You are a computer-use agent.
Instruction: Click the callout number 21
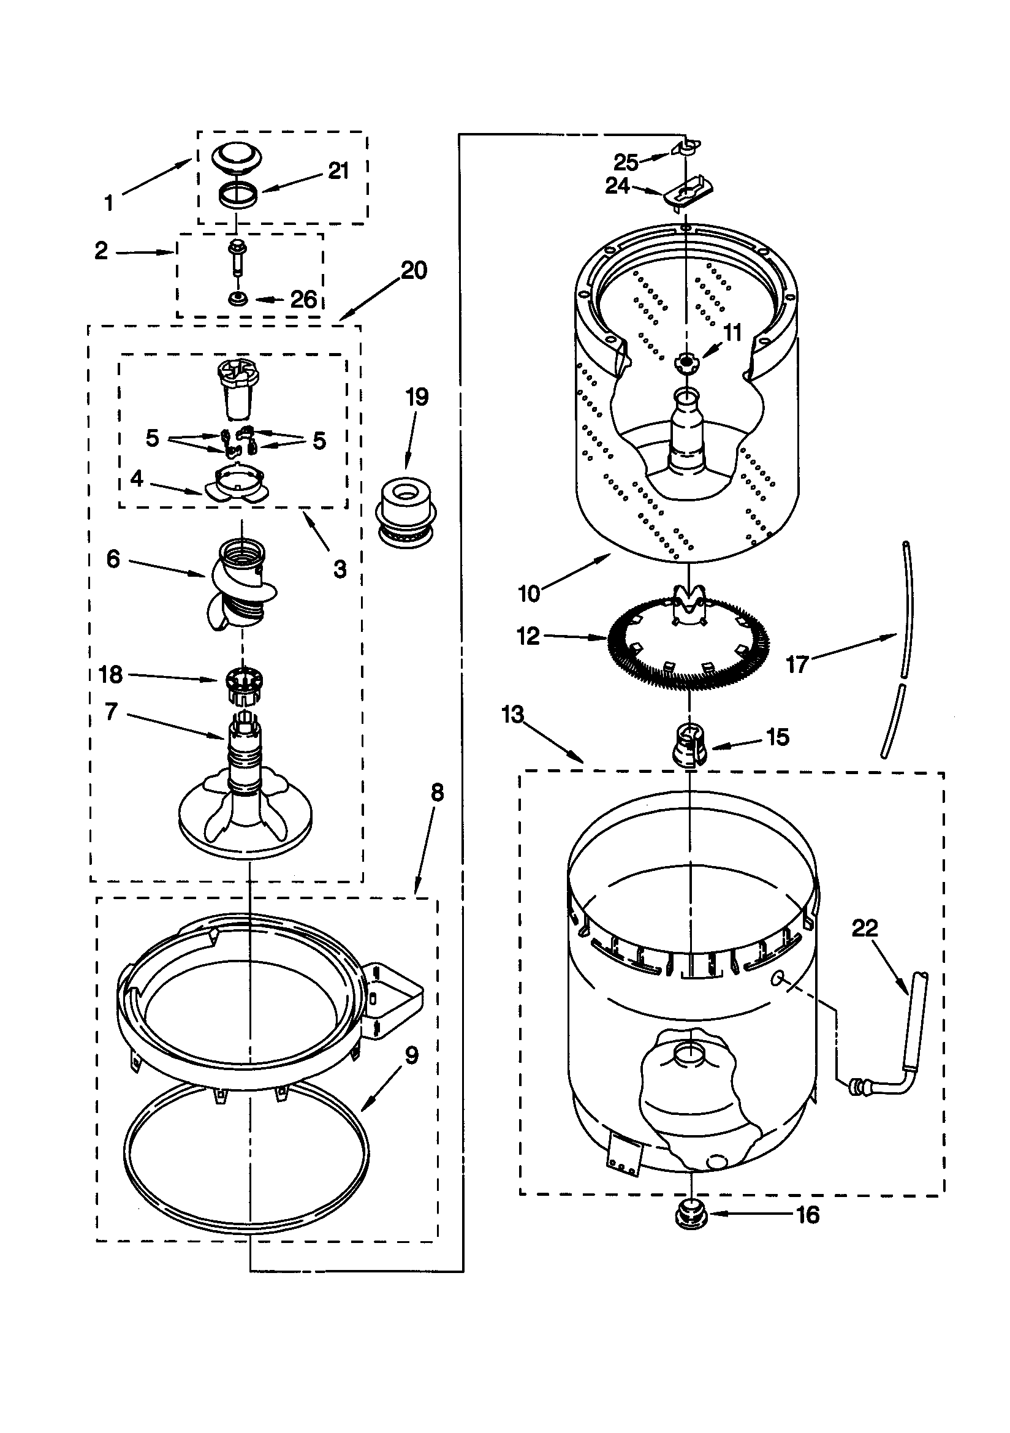338,170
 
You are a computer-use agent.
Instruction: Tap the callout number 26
304,300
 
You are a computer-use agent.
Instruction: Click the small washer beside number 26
237,300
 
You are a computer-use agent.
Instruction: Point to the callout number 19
417,397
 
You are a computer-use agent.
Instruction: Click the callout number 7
111,711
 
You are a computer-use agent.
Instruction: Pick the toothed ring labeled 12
689,644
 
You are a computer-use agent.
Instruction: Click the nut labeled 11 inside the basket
686,362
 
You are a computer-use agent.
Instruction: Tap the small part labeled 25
686,146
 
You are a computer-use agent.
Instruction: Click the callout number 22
865,928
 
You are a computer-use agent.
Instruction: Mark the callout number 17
797,664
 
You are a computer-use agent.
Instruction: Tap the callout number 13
512,715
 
